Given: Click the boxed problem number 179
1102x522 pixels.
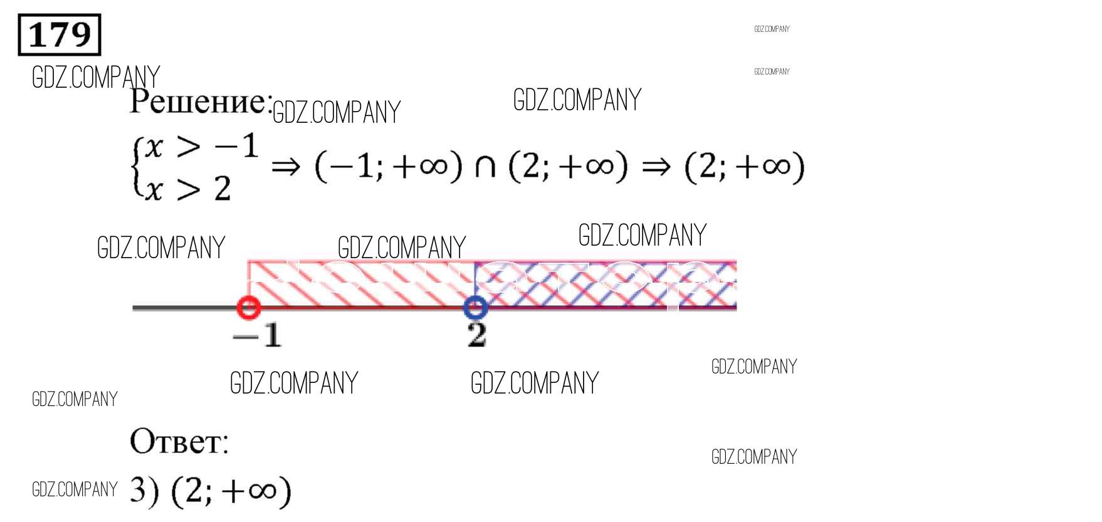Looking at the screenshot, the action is point(60,35).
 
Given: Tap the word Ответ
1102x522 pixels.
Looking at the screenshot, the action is point(179,441).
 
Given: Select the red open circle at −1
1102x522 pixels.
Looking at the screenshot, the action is point(249,307).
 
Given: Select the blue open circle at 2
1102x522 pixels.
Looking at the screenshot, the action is point(475,307).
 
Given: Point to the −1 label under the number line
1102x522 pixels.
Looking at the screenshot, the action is point(257,335).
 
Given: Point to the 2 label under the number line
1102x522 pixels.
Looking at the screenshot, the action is point(476,335).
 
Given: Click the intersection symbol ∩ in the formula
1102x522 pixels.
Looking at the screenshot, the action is point(485,167).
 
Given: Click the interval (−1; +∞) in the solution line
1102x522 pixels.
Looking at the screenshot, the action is point(388,167).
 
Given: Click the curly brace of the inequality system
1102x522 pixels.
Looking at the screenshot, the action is point(137,168).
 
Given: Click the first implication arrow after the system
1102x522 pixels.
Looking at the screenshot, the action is point(286,167).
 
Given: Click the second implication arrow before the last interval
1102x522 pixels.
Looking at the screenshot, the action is point(656,167).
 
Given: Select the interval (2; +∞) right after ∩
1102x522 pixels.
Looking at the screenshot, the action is point(568,167).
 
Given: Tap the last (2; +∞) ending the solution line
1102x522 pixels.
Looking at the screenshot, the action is point(744,167).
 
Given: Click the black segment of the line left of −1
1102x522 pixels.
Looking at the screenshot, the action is point(185,308).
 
